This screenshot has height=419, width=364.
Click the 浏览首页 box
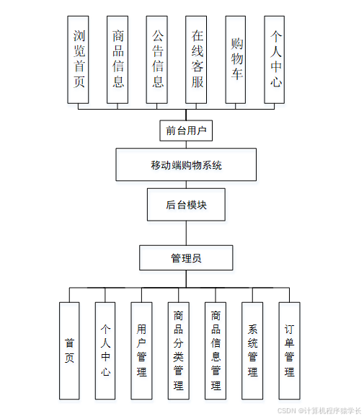(x=79, y=59)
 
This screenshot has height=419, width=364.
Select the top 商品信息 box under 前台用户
(x=118, y=59)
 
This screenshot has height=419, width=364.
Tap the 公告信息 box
(x=158, y=59)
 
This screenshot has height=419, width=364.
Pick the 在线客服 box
(x=197, y=59)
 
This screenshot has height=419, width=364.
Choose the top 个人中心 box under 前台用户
(x=275, y=59)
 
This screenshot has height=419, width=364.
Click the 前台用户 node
(x=186, y=131)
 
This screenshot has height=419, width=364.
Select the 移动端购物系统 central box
(x=186, y=164)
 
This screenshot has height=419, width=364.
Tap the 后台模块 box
(x=186, y=205)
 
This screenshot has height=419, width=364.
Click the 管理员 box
(x=186, y=257)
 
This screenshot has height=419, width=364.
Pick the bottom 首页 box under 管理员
(x=69, y=350)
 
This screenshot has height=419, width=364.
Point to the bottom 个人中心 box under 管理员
(x=105, y=350)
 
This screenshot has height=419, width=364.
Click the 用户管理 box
(x=141, y=350)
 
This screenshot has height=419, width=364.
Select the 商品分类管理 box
(x=178, y=350)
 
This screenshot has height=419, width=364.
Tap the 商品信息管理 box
(x=216, y=350)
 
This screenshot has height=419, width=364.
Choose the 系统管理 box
(x=252, y=350)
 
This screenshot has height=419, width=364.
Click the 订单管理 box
(x=289, y=350)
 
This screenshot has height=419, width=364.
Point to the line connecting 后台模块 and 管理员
(x=186, y=233)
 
